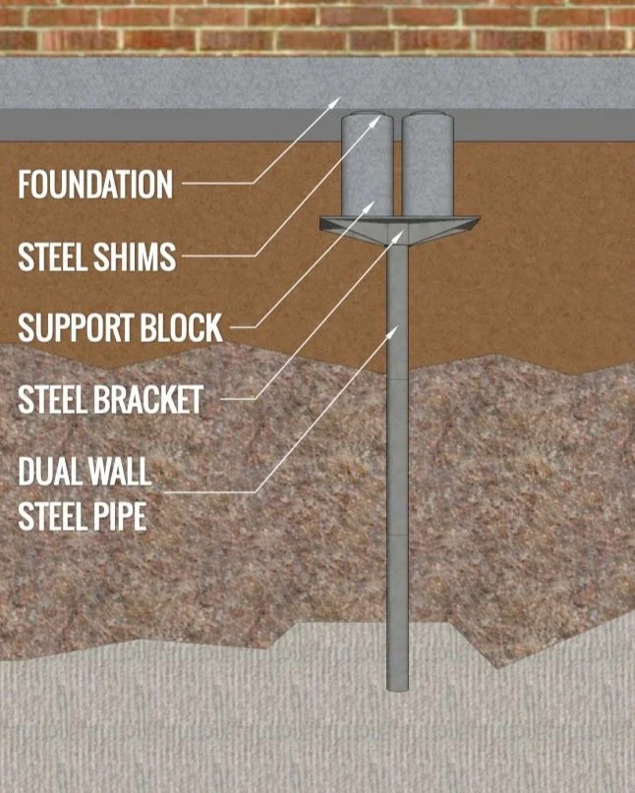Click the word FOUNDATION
click(95, 184)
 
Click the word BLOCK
click(189, 327)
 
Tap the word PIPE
click(123, 516)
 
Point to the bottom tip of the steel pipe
click(397, 687)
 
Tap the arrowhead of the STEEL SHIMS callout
click(380, 121)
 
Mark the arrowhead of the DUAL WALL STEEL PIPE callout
click(396, 329)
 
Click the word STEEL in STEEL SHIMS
click(53, 256)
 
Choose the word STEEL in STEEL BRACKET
click(53, 399)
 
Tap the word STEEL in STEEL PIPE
click(53, 516)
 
